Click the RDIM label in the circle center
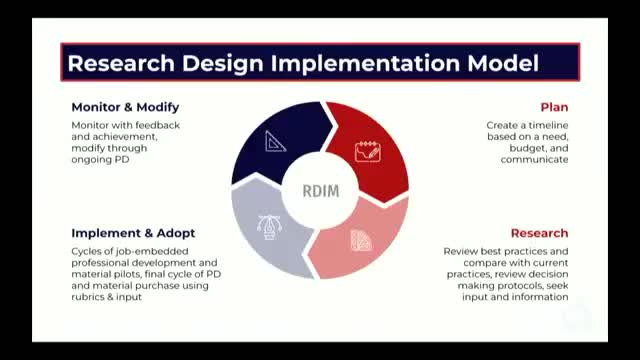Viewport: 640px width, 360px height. tap(321, 191)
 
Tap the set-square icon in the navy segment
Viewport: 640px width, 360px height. tap(275, 142)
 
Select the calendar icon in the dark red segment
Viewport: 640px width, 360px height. tap(368, 151)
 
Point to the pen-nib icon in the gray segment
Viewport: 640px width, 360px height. tap(269, 227)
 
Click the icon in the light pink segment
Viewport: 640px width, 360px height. tap(361, 240)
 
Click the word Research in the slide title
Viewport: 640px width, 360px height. tap(121, 63)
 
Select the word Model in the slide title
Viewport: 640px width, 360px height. tap(503, 63)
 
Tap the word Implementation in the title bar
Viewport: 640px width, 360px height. tap(365, 64)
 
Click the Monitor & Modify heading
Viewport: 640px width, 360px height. tap(125, 107)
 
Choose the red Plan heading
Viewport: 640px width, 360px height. tap(554, 107)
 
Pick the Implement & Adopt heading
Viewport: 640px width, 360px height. tap(133, 233)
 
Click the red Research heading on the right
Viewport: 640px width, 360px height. tap(539, 233)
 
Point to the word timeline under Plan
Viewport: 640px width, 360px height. tap(548, 125)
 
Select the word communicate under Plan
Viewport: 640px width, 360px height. tap(534, 160)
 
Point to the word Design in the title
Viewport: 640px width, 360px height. tap(223, 64)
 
